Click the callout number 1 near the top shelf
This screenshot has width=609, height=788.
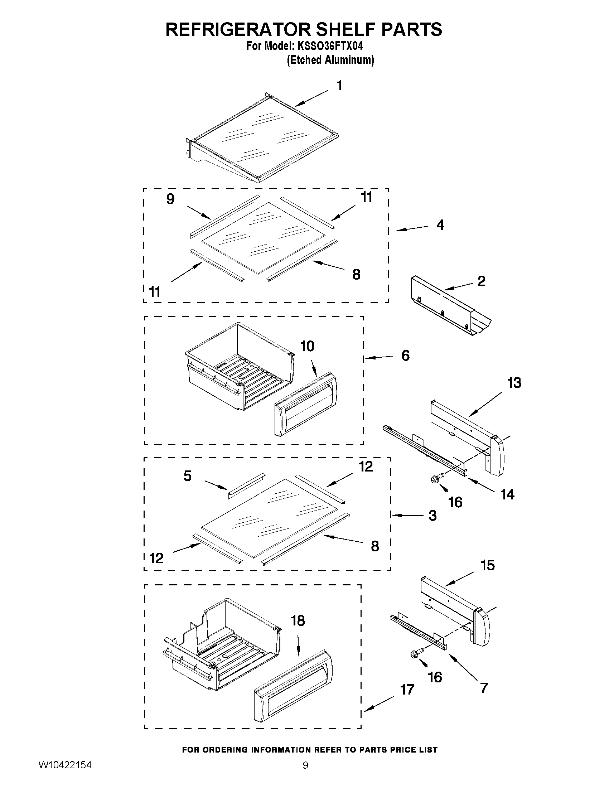[339, 86]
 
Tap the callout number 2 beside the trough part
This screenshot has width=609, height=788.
[481, 281]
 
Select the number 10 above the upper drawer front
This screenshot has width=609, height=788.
[307, 346]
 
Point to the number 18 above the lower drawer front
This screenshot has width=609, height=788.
[298, 621]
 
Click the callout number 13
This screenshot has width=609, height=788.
[514, 383]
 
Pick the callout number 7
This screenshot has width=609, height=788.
[484, 687]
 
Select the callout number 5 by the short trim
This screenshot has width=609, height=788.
[187, 476]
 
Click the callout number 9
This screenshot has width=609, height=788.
[170, 199]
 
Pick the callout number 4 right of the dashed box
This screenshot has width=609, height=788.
[440, 225]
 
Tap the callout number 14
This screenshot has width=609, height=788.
[507, 494]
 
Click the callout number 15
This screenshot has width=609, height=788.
[487, 565]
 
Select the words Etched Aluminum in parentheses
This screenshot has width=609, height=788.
[330, 60]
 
